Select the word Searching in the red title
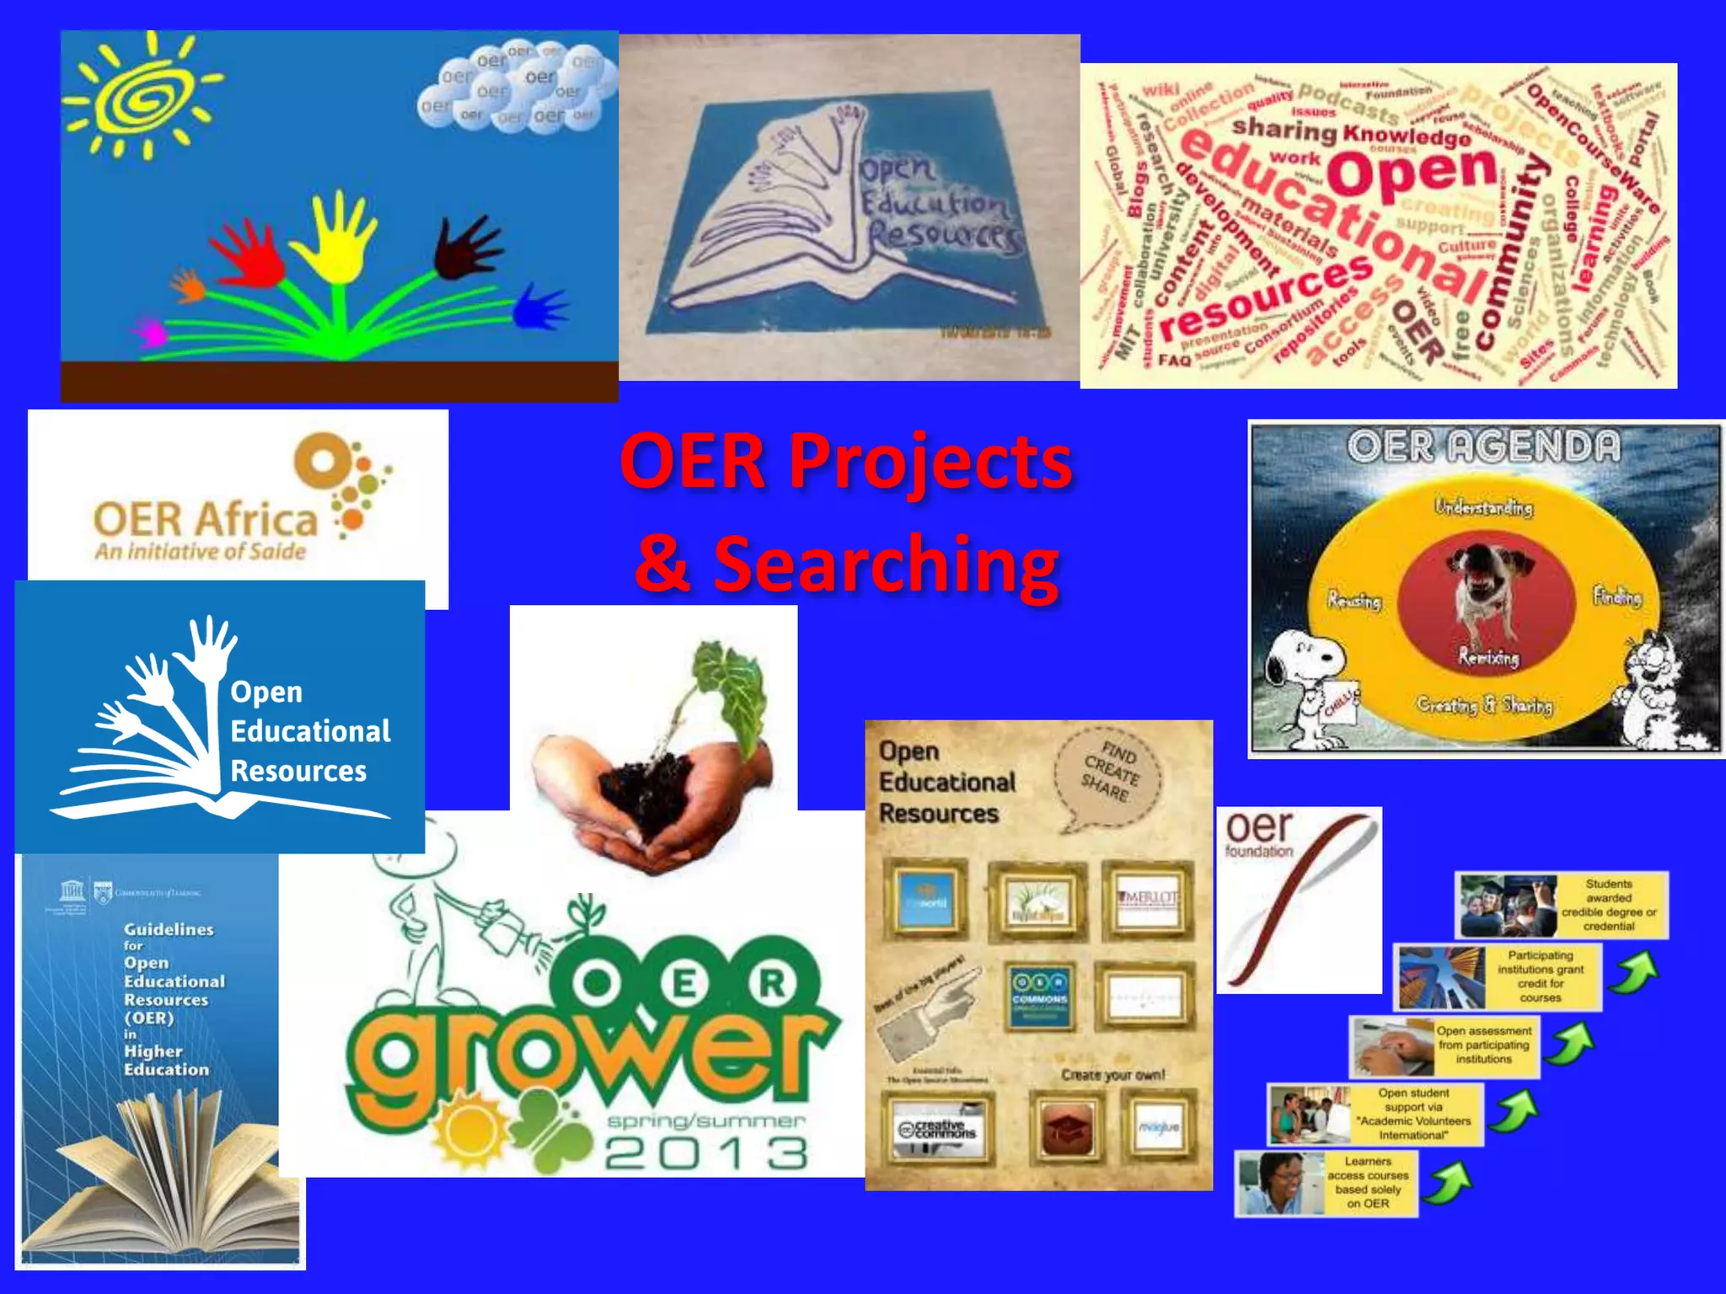886,564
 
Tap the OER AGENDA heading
1483,446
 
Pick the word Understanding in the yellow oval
1483,507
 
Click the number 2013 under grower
706,1153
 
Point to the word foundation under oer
1258,852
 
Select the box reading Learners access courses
1367,1183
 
